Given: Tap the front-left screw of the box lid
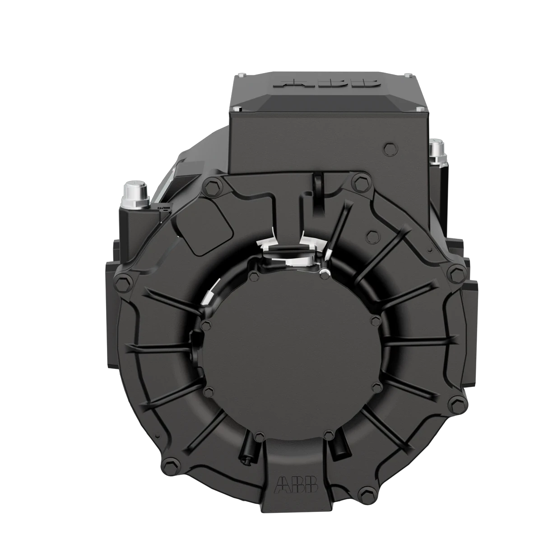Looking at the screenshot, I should tap(237, 109).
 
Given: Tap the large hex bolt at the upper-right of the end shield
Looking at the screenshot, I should tap(360, 181).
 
